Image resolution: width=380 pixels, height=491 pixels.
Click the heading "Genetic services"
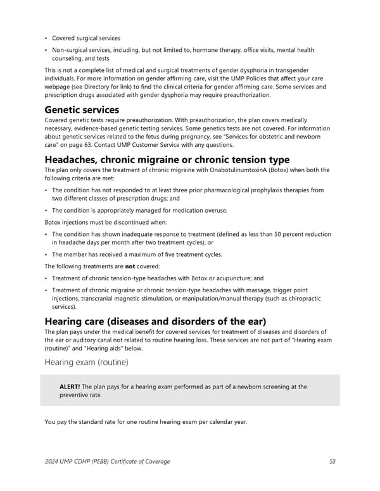click(x=82, y=110)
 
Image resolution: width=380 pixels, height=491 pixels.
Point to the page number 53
click(x=332, y=461)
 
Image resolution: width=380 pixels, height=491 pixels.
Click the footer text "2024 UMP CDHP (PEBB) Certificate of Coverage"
click(x=107, y=461)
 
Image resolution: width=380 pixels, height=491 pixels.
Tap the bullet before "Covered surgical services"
click(x=47, y=39)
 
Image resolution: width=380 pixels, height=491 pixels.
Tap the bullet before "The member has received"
click(x=47, y=254)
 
